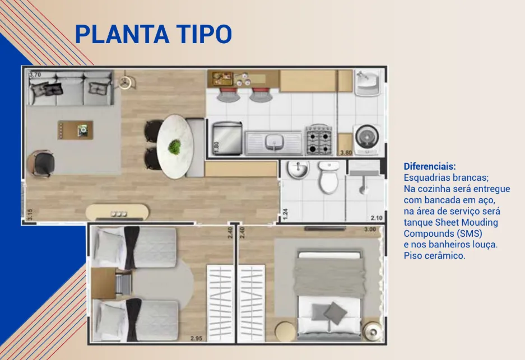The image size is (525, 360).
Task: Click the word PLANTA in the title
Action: point(122,34)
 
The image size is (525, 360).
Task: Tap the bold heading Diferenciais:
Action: point(430,166)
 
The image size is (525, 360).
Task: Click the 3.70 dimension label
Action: point(35,74)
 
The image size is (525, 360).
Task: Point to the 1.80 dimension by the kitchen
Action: point(216,147)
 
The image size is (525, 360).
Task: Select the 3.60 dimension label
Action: point(346,153)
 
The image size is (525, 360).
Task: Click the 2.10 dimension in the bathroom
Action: point(377,218)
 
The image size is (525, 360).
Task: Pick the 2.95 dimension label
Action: point(196,338)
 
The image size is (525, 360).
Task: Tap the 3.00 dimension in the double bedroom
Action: point(370,229)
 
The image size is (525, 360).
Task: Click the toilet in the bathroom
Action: point(329,177)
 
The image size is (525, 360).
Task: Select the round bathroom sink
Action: point(298,170)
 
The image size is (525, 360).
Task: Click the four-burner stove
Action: point(319,140)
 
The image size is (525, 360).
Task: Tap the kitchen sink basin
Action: point(275,142)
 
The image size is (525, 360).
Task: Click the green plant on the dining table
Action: point(174,147)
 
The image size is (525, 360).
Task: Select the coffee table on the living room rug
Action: point(75,130)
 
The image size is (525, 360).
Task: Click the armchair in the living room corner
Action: point(41,164)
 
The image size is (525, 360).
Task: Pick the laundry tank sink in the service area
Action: point(368,82)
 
